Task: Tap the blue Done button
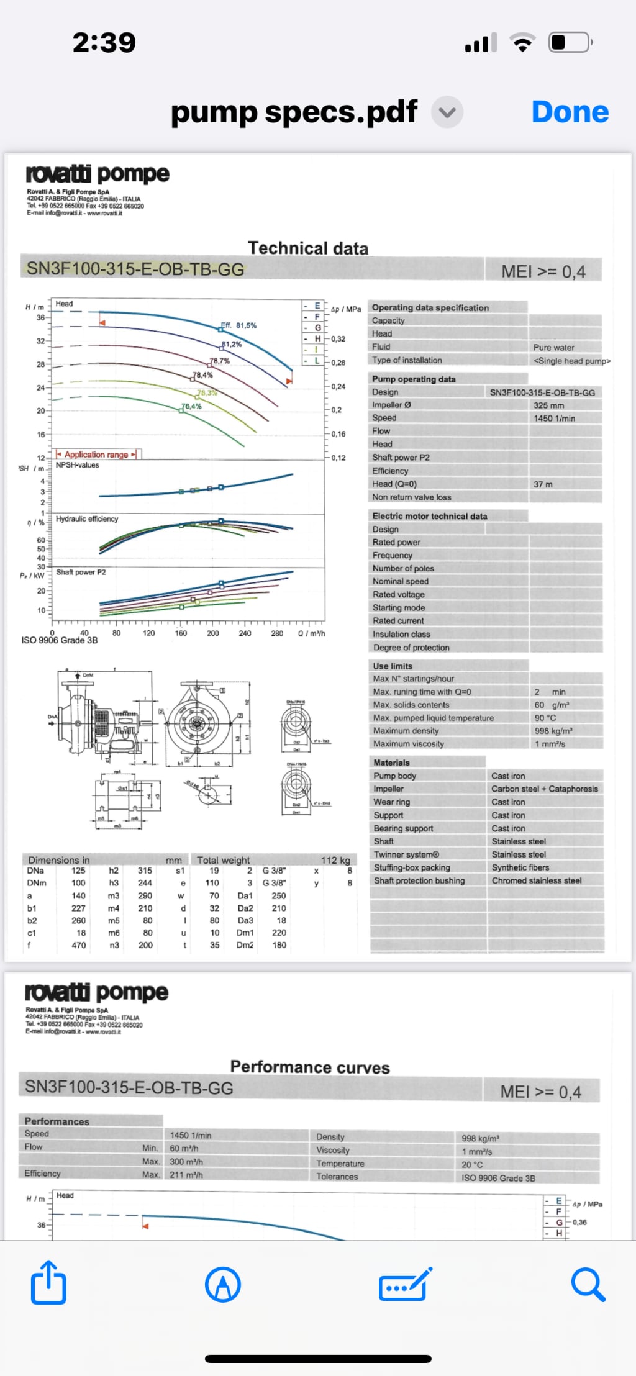pos(570,112)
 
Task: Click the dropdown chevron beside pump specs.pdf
pos(447,112)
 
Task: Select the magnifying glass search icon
pos(588,1283)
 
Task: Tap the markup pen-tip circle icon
pos(223,1283)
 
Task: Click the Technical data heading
pos(308,248)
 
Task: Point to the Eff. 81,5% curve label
pos(239,325)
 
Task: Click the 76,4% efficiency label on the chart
pos(191,407)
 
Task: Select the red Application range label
pos(96,455)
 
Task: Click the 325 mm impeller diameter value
pos(548,405)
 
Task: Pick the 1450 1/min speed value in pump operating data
pos(554,419)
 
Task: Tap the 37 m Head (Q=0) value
pos(543,484)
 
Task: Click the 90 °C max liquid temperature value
pos(545,718)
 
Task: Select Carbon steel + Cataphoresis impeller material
pos(544,789)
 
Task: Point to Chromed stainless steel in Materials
pos(536,880)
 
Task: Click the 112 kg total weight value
pos(335,861)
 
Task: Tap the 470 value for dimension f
pos(79,945)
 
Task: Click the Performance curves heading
pos(310,1067)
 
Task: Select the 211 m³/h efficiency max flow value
pos(186,1175)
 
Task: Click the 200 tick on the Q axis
pos(212,633)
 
